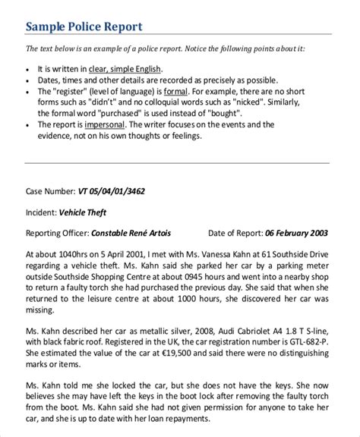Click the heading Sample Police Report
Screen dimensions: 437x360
tap(84, 27)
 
